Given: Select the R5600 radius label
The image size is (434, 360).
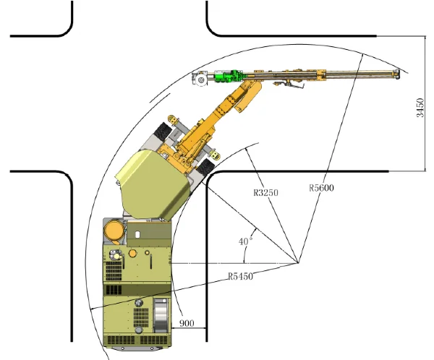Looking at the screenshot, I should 320,188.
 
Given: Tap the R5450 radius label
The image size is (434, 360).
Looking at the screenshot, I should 241,275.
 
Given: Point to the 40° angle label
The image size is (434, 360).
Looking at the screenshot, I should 247,240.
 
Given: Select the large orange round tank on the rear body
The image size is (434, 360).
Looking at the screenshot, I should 114,231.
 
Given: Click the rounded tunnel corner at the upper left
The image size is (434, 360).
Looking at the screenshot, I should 66,27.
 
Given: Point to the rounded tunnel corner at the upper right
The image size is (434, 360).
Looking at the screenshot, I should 215,27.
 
